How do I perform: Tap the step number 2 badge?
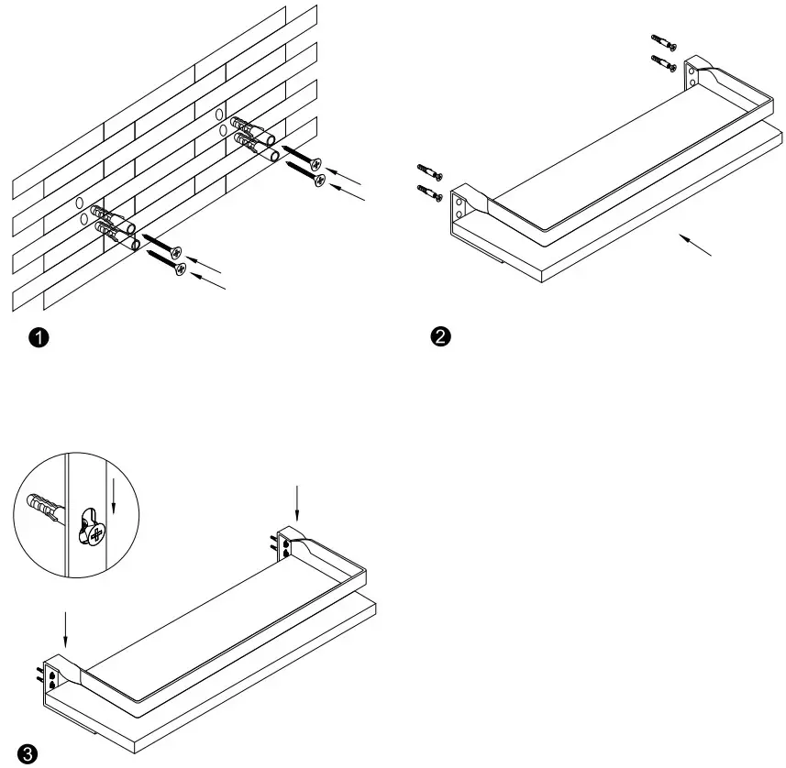(440, 337)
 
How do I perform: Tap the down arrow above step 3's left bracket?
(66, 629)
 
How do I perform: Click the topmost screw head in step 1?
(316, 165)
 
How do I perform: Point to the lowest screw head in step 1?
(181, 269)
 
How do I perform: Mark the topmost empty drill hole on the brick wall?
(219, 114)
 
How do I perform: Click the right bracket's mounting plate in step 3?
(286, 545)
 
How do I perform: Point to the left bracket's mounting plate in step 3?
(52, 676)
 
